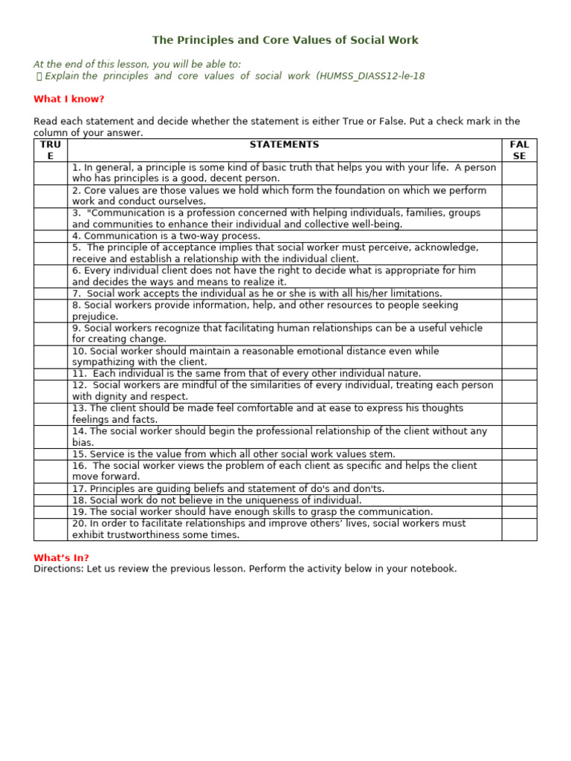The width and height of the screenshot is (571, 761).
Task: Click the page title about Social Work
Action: [x=285, y=40]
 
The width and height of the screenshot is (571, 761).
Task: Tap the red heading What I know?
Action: [x=69, y=99]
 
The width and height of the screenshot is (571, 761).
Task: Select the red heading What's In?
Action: [x=61, y=557]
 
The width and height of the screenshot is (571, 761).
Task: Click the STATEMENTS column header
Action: [x=284, y=145]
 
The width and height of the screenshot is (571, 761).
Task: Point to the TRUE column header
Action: [x=51, y=150]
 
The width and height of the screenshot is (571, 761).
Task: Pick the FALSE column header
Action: [x=519, y=150]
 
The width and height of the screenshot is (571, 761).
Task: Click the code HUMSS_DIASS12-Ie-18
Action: [x=372, y=76]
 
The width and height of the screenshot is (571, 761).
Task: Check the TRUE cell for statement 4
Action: [x=51, y=236]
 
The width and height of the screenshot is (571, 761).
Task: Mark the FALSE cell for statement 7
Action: [x=519, y=294]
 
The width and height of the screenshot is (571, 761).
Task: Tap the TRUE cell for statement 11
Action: [x=51, y=374]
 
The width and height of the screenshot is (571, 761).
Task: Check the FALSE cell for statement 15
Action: [x=519, y=454]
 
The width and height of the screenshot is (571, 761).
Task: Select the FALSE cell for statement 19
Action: [x=519, y=512]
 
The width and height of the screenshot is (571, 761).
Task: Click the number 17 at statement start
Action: [x=79, y=489]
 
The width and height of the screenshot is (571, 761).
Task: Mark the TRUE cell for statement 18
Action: [x=51, y=500]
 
